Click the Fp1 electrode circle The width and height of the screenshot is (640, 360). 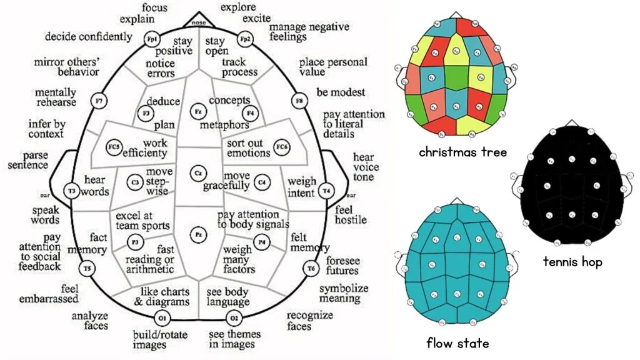tap(151, 39)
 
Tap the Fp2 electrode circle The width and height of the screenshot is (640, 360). tap(246, 39)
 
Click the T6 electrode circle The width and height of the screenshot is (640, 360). tap(311, 269)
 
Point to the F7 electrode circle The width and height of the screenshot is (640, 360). tap(98, 99)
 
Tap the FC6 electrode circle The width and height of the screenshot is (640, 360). tap(282, 147)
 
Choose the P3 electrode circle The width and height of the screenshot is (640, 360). tap(134, 241)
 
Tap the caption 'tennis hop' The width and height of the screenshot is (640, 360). tap(572, 262)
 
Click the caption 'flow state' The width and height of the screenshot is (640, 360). tap(457, 342)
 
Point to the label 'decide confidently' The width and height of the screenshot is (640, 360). tap(89, 36)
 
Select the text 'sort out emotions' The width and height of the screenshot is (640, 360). tap(248, 147)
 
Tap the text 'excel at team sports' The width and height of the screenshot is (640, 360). tap(142, 221)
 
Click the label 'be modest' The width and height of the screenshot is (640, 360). tap(341, 92)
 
